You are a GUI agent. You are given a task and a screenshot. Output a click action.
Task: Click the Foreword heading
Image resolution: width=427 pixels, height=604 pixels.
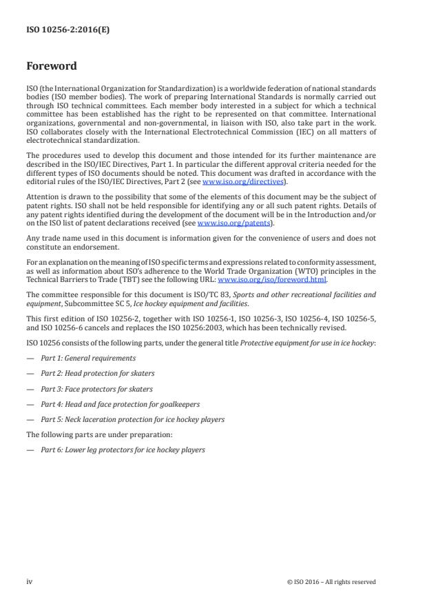tap(52, 68)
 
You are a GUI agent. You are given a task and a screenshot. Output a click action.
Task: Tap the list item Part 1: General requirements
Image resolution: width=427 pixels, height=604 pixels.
tap(88, 358)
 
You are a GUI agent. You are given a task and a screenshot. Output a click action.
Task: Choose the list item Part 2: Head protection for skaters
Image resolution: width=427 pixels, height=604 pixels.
tap(97, 373)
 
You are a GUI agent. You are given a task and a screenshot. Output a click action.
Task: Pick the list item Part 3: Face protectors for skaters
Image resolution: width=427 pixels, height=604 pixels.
tap(96, 388)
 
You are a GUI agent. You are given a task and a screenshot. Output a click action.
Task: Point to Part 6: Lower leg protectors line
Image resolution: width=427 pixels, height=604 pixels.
tap(123, 450)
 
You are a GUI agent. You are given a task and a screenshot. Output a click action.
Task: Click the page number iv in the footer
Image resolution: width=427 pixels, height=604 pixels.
tap(29, 581)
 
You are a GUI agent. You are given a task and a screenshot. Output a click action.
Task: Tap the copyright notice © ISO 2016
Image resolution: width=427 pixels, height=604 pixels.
tap(331, 582)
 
